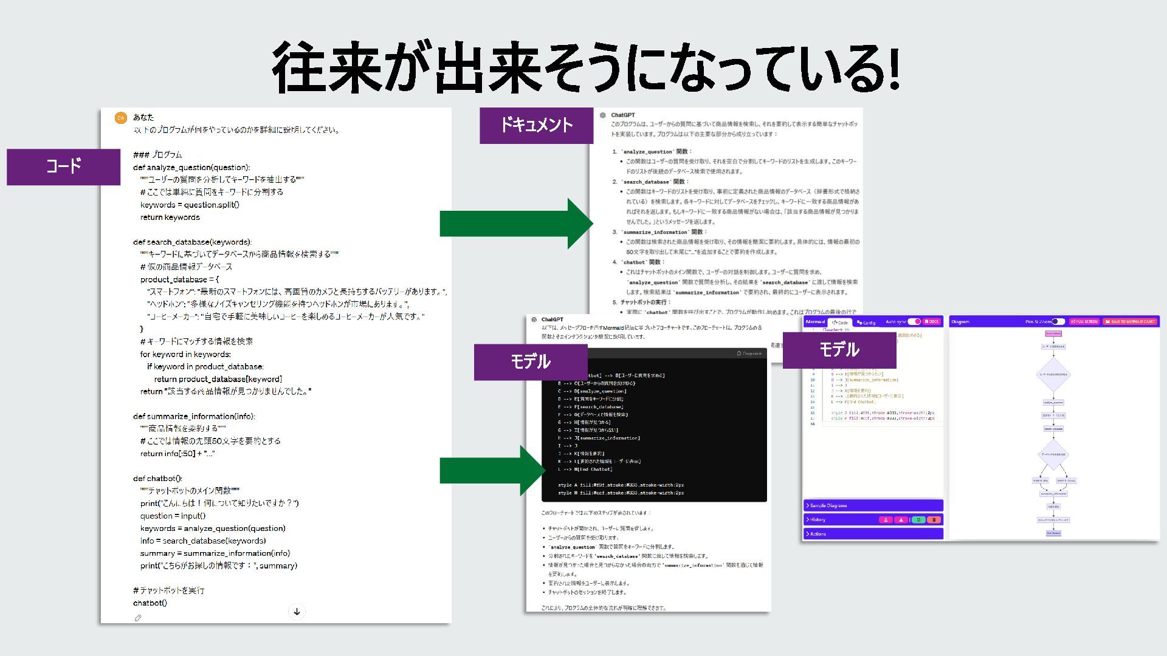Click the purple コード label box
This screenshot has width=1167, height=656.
63,166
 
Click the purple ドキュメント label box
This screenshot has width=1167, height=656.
536,125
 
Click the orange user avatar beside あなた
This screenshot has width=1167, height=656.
121,118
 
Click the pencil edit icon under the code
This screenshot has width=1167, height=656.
138,618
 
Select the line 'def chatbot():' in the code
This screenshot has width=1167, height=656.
157,478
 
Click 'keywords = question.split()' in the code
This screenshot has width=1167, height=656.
190,205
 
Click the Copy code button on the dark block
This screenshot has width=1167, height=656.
749,354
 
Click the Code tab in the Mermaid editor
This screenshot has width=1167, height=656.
840,322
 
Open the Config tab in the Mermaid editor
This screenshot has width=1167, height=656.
866,322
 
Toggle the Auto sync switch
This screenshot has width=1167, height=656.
914,321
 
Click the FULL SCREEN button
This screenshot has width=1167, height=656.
1084,321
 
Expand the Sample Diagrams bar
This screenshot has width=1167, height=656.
873,505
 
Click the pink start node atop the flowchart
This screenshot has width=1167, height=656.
1053,333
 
